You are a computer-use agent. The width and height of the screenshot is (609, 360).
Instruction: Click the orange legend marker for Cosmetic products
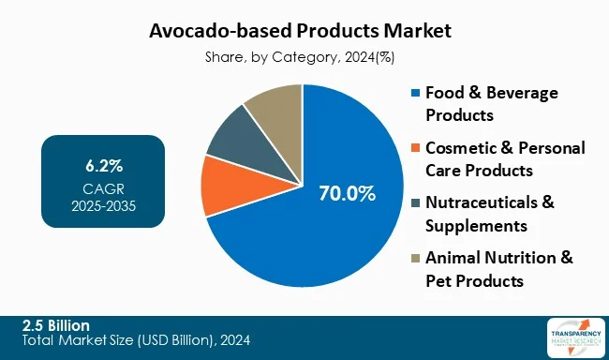click(416, 148)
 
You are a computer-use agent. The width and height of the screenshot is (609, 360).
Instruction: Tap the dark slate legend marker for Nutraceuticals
click(416, 203)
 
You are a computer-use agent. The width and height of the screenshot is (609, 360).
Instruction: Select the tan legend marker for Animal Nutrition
click(416, 259)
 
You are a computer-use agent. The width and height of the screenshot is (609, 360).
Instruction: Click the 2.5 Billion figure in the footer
click(56, 324)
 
